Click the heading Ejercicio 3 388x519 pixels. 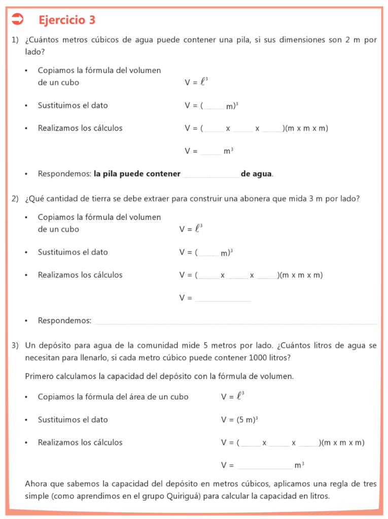(66, 20)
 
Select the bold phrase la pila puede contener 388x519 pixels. (137, 174)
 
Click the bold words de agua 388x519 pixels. (256, 174)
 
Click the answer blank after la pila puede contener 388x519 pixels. (210, 175)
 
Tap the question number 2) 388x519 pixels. (15, 199)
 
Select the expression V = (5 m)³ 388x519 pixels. (239, 420)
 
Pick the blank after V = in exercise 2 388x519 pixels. (223, 300)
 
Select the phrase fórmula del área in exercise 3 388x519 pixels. (120, 397)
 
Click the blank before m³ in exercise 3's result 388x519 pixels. (264, 466)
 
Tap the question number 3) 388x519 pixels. (15, 346)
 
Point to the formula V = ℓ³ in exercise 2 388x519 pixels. (191, 229)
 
